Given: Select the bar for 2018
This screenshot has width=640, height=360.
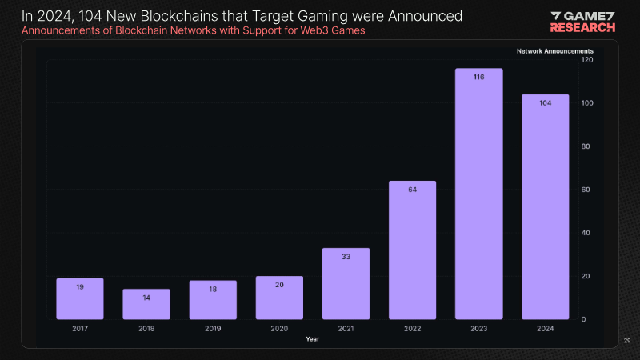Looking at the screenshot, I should pyautogui.click(x=146, y=304).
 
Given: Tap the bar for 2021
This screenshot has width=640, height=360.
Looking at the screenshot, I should pyautogui.click(x=346, y=284).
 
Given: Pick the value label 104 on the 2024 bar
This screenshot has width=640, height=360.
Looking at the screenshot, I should pyautogui.click(x=546, y=102).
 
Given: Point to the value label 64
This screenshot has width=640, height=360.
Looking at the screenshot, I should pyautogui.click(x=412, y=190).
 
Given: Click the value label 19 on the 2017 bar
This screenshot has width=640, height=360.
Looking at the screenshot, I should pyautogui.click(x=80, y=286).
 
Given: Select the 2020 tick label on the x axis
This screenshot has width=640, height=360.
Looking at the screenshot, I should pyautogui.click(x=279, y=329).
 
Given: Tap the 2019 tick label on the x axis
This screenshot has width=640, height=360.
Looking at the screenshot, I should pyautogui.click(x=213, y=329).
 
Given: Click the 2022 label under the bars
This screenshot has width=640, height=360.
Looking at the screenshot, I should pyautogui.click(x=412, y=329).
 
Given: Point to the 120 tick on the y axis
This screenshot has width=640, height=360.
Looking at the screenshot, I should pyautogui.click(x=587, y=60).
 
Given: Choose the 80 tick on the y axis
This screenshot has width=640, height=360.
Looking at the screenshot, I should pyautogui.click(x=586, y=146).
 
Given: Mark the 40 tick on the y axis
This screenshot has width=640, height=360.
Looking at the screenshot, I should pyautogui.click(x=586, y=233).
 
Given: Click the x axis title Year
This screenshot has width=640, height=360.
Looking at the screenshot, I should pyautogui.click(x=312, y=339).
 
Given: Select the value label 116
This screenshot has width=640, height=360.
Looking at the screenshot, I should pyautogui.click(x=478, y=77).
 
